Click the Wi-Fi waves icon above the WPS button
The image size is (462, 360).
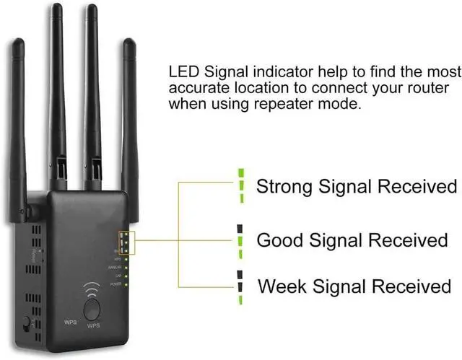(x=92, y=286)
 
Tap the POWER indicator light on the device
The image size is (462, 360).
(x=127, y=284)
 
